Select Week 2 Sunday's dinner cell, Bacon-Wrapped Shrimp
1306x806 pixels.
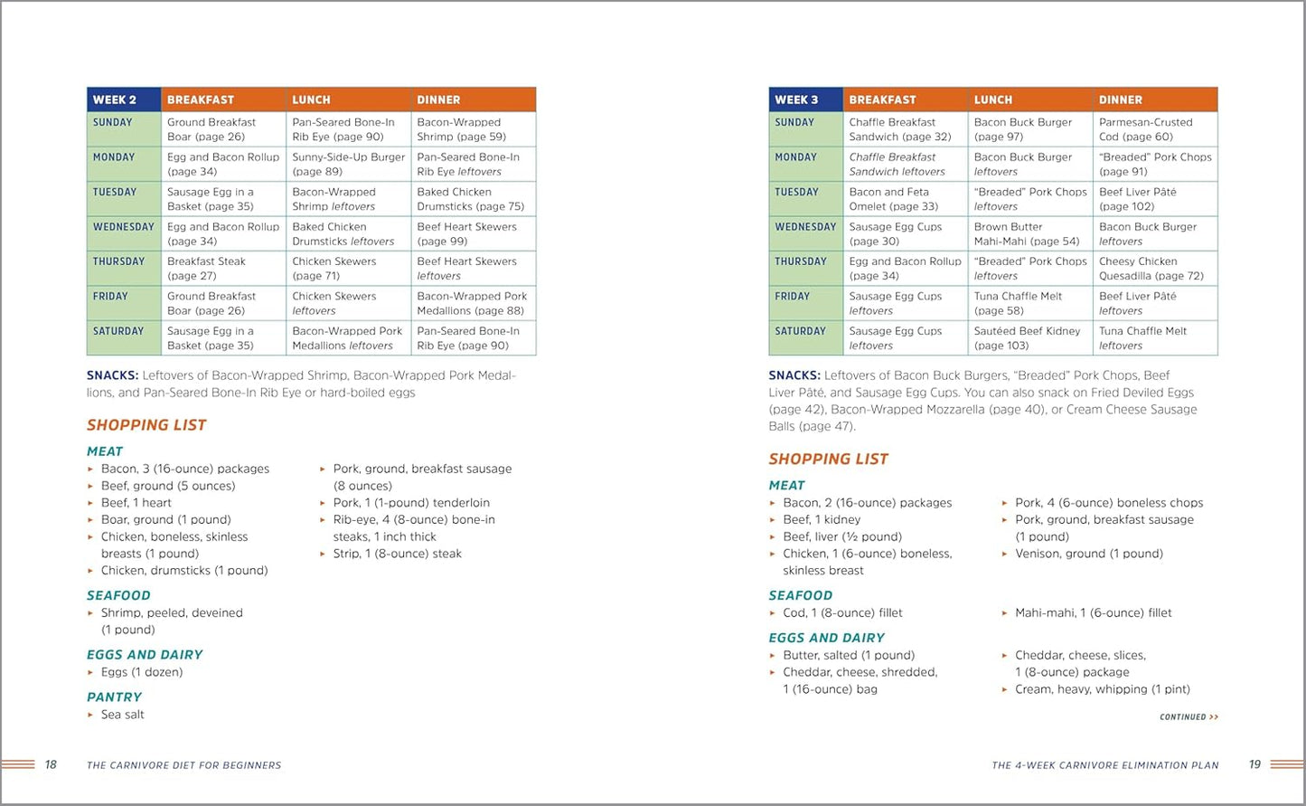(473, 129)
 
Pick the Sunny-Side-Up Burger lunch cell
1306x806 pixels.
(349, 164)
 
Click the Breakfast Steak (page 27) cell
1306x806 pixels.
(223, 269)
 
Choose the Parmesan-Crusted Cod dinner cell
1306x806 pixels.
(1154, 129)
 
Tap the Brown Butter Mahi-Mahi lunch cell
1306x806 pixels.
(1029, 233)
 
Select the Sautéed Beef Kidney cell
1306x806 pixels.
(1029, 338)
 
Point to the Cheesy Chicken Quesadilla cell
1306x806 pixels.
(1154, 269)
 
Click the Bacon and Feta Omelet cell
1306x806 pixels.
(905, 199)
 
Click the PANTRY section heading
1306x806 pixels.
(115, 697)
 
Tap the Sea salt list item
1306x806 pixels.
(123, 715)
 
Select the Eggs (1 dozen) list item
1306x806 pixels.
(142, 672)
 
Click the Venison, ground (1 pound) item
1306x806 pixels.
(1088, 554)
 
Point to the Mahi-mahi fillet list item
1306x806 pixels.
(1093, 612)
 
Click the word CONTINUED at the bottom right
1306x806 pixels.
(1183, 717)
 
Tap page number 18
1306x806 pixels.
(51, 765)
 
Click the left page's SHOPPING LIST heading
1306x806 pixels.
(146, 425)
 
